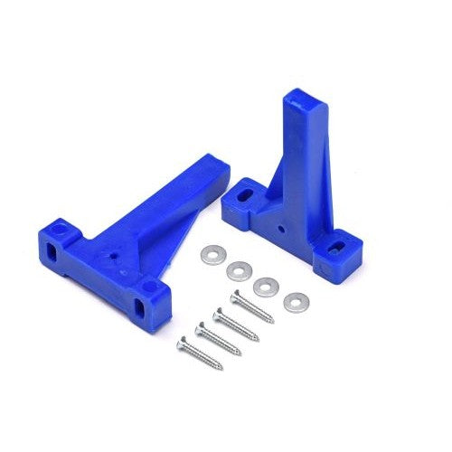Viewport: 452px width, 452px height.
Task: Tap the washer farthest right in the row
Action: point(294,302)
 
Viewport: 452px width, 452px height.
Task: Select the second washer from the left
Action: point(240,269)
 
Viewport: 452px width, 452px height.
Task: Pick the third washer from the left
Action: point(266,287)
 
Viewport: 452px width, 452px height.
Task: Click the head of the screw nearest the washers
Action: point(236,296)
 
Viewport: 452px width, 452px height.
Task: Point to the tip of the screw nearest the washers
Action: point(272,322)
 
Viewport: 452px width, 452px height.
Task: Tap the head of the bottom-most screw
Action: point(184,342)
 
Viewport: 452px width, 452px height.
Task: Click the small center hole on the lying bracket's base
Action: point(115,255)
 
